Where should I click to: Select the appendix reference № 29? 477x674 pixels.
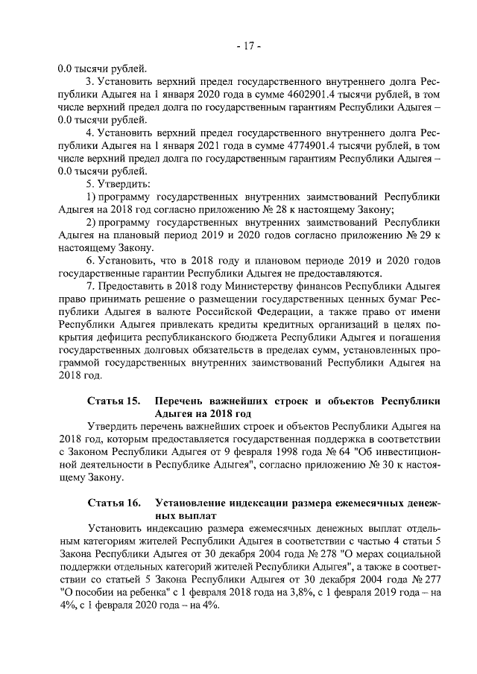(417, 235)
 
